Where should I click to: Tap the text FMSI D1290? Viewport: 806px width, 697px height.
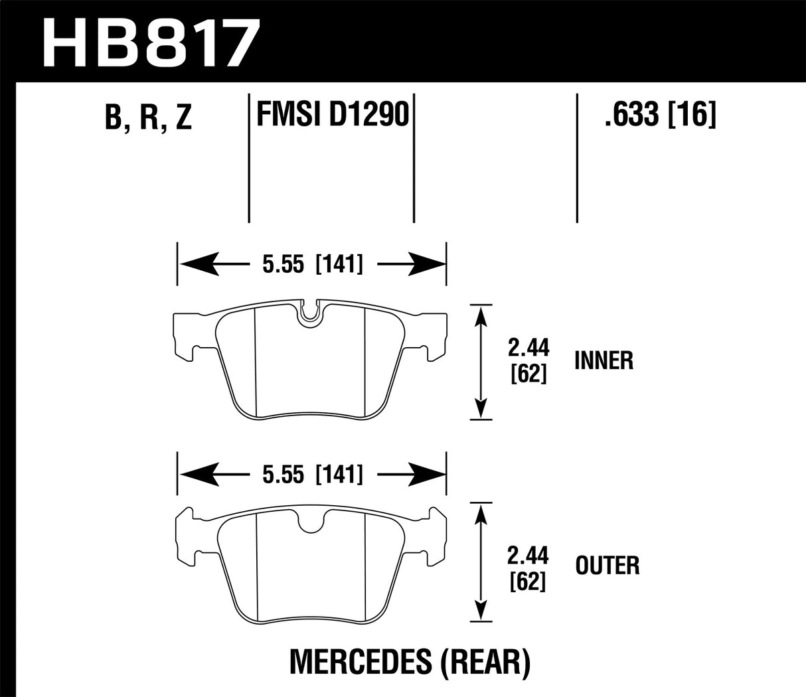pos(331,114)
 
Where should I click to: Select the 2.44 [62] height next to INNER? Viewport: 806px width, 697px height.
pos(528,360)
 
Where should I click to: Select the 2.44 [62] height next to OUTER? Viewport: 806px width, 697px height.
pos(528,566)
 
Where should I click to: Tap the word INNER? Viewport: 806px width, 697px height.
pos(604,360)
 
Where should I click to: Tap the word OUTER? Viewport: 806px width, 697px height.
pos(607,566)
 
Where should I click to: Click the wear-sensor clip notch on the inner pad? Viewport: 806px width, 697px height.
pos(311,313)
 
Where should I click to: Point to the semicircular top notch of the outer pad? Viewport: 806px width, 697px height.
pos(311,522)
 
